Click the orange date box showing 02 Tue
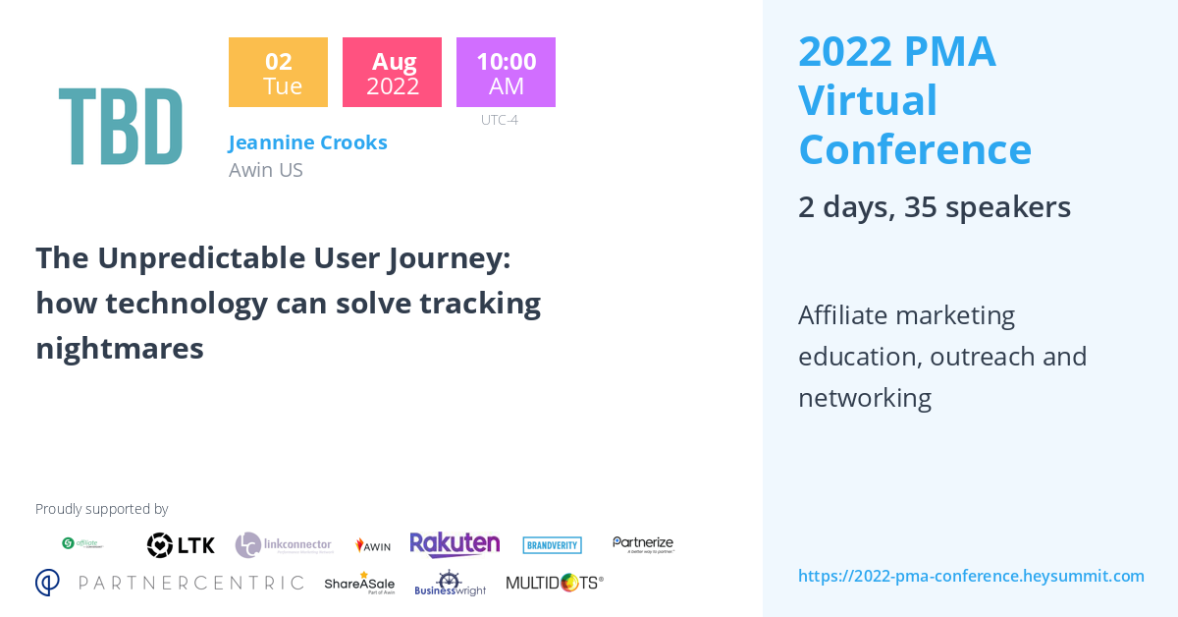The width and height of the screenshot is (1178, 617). tap(278, 73)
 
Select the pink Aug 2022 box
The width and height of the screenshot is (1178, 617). tap(392, 73)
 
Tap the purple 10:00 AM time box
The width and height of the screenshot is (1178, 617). tap(506, 73)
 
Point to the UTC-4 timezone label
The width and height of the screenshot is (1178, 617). tap(499, 120)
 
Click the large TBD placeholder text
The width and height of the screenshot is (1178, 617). tap(121, 128)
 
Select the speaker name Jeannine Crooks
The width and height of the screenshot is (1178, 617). tap(307, 142)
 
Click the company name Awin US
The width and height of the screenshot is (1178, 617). tap(265, 170)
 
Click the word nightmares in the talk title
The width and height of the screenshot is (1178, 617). tap(119, 348)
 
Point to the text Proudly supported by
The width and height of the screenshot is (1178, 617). tap(101, 509)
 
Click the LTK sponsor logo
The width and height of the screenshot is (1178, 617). tap(181, 545)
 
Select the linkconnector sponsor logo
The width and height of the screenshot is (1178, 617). tap(284, 545)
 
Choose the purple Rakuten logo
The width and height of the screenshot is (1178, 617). tap(455, 545)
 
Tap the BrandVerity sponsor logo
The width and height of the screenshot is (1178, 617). tap(552, 545)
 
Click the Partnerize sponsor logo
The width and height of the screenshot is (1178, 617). tap(643, 544)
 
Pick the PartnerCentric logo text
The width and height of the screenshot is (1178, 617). tap(170, 583)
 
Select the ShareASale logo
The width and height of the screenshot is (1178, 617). tap(359, 583)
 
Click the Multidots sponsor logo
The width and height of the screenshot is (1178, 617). tap(554, 583)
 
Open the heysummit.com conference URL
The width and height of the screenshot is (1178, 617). tap(971, 576)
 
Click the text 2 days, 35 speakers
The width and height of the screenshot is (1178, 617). tap(934, 207)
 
